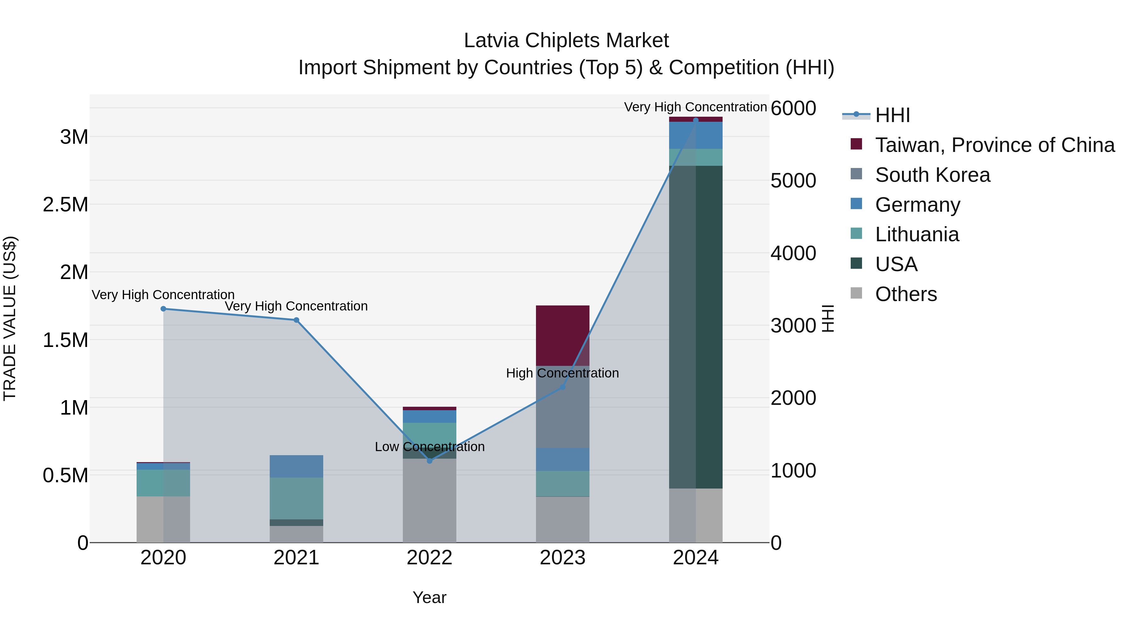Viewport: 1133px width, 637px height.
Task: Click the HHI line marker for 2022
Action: [430, 461]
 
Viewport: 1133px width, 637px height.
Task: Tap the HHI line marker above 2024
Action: [695, 120]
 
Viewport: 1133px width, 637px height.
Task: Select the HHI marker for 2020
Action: [163, 309]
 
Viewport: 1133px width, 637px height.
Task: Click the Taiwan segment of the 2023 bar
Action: [562, 335]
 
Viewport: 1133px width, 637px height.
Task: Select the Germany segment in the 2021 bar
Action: [296, 466]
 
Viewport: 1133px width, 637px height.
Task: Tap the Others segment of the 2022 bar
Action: [430, 501]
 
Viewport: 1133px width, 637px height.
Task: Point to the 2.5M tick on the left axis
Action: [65, 205]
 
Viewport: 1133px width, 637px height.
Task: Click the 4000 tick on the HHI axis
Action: [793, 253]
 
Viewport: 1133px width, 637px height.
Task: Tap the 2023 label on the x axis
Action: [562, 558]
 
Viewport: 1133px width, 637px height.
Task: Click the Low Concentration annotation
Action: [430, 447]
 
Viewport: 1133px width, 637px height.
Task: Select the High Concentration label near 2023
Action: [562, 373]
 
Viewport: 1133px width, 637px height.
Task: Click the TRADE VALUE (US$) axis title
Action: [10, 318]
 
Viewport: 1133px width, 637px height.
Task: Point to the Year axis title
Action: [429, 597]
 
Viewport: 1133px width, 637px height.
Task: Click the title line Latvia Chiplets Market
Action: [566, 41]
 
